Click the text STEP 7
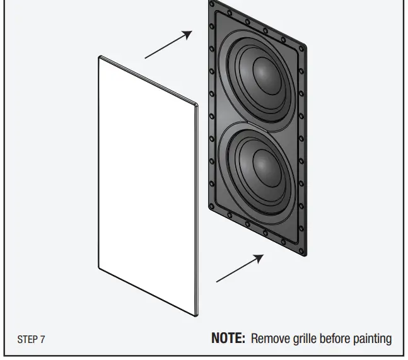[31, 339]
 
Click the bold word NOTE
[228, 339]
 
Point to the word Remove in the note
[268, 339]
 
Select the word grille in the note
[304, 339]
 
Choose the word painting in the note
[374, 339]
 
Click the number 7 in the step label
[42, 339]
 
